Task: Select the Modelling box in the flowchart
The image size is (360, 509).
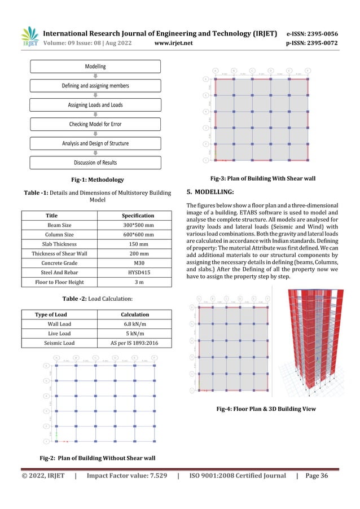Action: point(95,67)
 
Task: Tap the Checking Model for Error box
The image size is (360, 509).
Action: point(95,124)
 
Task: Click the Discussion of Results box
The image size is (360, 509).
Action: point(95,163)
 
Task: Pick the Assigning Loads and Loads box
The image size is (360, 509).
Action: point(95,105)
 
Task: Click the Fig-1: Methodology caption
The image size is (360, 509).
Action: point(95,180)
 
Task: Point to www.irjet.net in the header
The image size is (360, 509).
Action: point(173,41)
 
